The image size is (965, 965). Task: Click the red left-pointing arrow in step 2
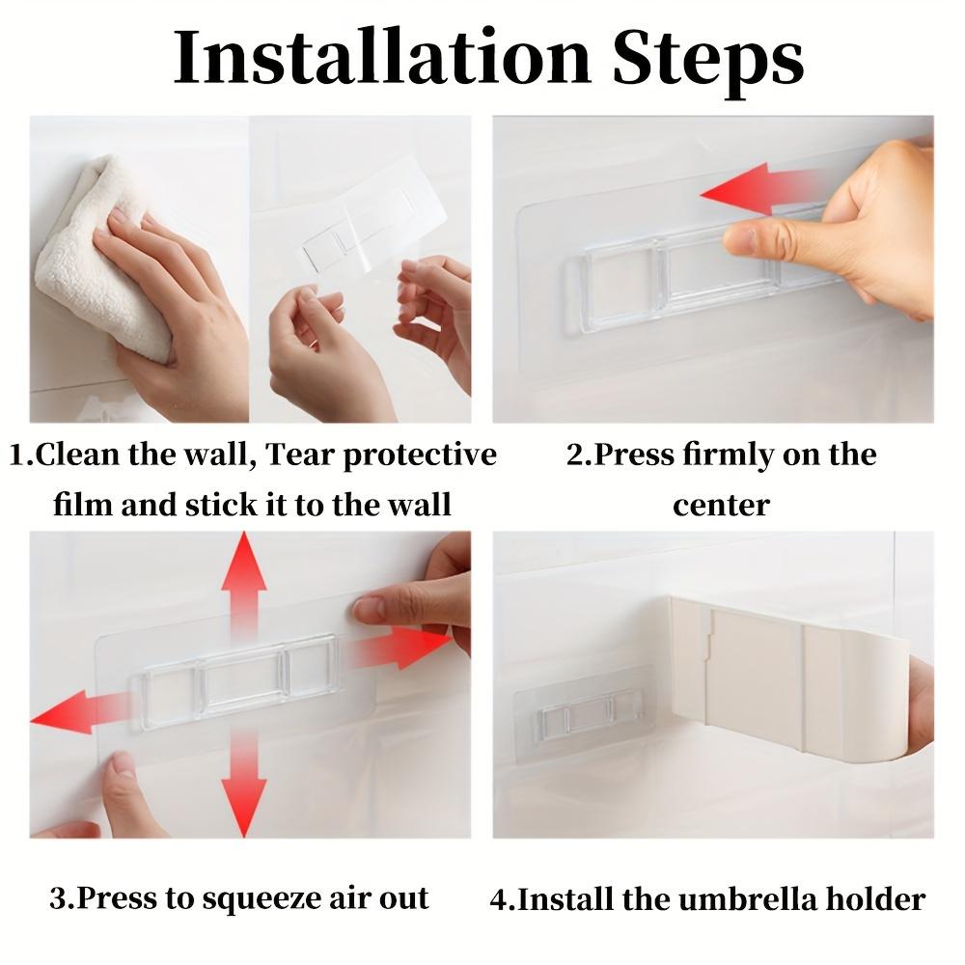758,188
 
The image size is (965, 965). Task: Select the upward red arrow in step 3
243,579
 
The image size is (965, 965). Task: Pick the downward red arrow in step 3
243,791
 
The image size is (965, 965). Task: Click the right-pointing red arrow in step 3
400,648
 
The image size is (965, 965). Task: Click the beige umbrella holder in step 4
791,675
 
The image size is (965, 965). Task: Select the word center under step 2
721,505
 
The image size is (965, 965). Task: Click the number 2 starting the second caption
574,455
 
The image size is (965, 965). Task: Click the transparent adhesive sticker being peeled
372,232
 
